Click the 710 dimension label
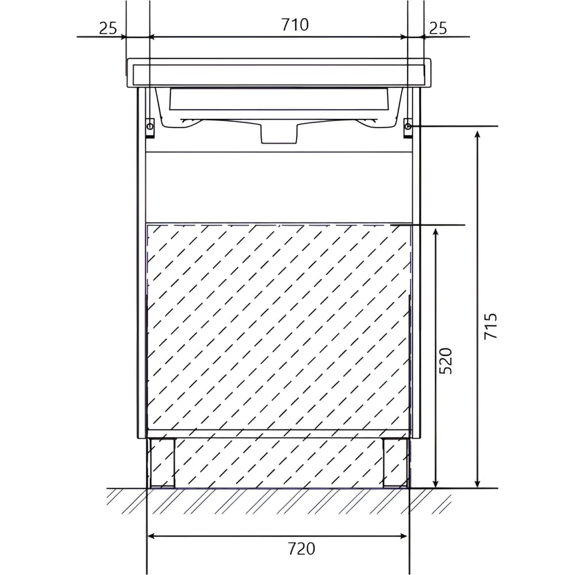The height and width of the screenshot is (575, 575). (x=295, y=25)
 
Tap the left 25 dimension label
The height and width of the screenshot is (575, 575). (x=108, y=28)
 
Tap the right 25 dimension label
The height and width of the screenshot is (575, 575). (x=438, y=28)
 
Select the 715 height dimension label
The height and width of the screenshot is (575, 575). (x=490, y=326)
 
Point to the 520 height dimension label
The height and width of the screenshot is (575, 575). (x=446, y=361)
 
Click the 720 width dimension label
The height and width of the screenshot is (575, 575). (x=301, y=549)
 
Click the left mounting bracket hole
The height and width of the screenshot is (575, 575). (x=150, y=126)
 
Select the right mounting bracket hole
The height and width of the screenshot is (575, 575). (x=408, y=126)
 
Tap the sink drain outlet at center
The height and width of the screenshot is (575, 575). (x=278, y=132)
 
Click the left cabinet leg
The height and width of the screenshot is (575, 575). (x=162, y=463)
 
